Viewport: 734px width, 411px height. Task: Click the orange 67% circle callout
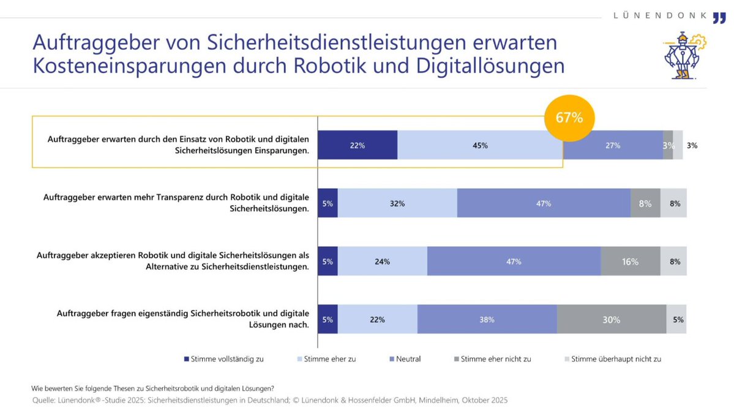pyautogui.click(x=568, y=118)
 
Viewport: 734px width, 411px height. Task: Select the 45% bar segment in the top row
pyautogui.click(x=480, y=145)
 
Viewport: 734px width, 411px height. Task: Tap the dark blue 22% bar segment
pyautogui.click(x=358, y=145)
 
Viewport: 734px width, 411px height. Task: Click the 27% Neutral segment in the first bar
pyautogui.click(x=613, y=145)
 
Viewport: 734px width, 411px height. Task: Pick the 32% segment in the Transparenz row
pyautogui.click(x=397, y=203)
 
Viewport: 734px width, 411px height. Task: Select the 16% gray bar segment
pyautogui.click(x=630, y=262)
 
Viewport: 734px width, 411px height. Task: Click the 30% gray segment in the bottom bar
pyautogui.click(x=611, y=320)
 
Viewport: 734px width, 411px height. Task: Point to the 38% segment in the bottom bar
pyautogui.click(x=487, y=320)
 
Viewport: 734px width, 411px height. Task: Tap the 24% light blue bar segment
pyautogui.click(x=382, y=262)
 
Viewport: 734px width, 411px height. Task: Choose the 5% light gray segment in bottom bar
pyautogui.click(x=676, y=320)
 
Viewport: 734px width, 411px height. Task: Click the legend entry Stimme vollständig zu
pyautogui.click(x=223, y=359)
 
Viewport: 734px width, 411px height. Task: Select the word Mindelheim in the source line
pyautogui.click(x=429, y=400)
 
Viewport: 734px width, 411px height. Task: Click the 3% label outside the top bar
pyautogui.click(x=692, y=146)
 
